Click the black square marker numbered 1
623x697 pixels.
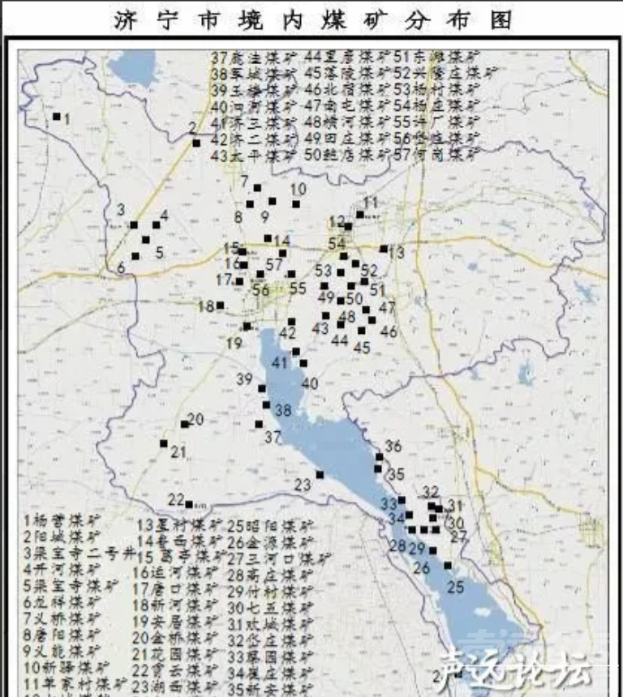tap(57, 117)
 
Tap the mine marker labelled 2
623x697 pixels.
tap(196, 143)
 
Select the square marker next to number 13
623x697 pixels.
tap(383, 250)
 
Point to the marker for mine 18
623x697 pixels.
tap(220, 306)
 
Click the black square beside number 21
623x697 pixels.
tap(163, 443)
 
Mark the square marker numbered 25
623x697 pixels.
tap(448, 566)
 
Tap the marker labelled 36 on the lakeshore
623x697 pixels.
tap(379, 456)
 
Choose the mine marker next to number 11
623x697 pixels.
tap(360, 215)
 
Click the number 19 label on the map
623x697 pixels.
tap(234, 343)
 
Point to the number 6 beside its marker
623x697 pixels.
tap(121, 267)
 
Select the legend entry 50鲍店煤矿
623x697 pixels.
tap(344, 153)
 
